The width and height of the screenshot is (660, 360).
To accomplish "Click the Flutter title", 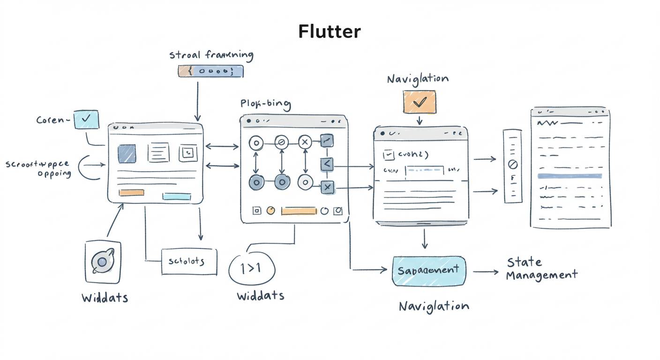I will point(330,31).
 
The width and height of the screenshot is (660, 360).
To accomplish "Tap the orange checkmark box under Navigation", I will point(419,102).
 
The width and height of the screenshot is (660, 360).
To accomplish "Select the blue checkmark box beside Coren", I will point(86,120).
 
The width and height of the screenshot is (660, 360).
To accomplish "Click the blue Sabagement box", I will point(429,271).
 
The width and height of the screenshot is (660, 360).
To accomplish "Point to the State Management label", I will point(541,269).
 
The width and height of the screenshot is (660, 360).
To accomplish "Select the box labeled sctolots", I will point(189,261).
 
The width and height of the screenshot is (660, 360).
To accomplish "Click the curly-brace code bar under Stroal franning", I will point(211,71).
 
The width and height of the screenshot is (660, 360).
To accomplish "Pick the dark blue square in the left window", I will point(127,153).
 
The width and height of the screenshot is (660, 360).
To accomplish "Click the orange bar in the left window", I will point(131,193).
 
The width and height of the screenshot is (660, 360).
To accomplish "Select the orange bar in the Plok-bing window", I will point(299,211).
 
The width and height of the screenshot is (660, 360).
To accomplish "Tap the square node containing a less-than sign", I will point(327,164).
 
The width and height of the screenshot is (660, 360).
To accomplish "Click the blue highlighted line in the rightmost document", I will point(570,176).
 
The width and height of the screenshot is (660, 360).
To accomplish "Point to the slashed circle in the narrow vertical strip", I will point(513,165).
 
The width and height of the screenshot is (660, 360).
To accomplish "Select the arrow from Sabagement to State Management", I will point(486,271).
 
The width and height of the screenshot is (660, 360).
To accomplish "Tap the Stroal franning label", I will point(211,55).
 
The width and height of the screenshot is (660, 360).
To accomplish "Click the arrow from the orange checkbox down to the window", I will point(419,120).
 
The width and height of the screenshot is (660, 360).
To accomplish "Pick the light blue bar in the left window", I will point(176,196).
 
